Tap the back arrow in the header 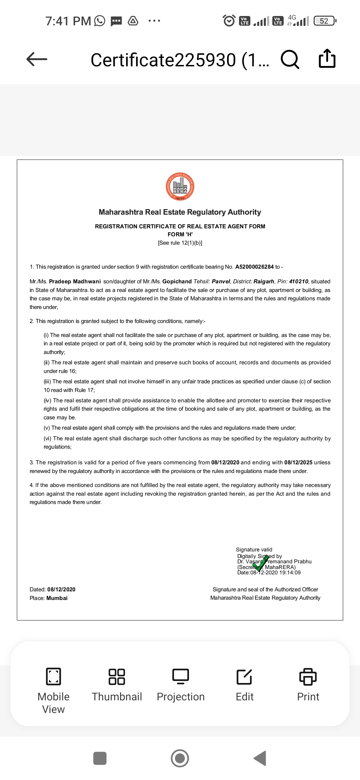(x=37, y=59)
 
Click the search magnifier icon (x=290, y=59)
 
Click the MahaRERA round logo (x=180, y=187)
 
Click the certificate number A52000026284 (x=254, y=267)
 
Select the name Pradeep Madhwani (x=75, y=281)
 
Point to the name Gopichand (x=177, y=281)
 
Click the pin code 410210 (x=298, y=281)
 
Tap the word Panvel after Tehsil (x=221, y=281)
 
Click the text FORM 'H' (x=180, y=234)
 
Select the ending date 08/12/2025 (x=298, y=462)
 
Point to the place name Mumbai (x=57, y=598)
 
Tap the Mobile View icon (x=53, y=676)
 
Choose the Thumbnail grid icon (x=117, y=676)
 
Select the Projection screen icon (x=181, y=676)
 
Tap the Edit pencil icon (x=244, y=676)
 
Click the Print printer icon (x=308, y=676)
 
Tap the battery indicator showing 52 (x=325, y=21)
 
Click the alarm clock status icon (x=229, y=21)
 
